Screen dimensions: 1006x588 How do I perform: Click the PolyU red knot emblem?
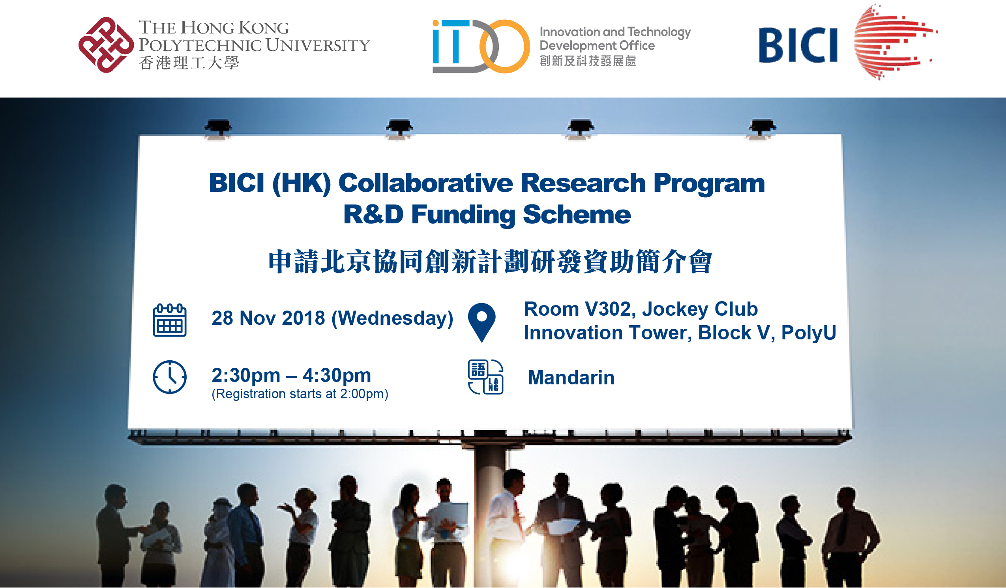106,45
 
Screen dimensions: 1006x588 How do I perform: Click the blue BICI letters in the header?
798,45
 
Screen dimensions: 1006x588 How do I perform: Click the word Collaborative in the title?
425,183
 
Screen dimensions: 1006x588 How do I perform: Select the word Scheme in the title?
577,215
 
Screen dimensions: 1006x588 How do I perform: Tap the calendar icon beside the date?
170,320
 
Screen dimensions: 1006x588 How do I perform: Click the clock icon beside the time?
170,377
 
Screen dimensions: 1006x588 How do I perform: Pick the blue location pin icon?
482,322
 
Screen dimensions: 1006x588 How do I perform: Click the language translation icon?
485,377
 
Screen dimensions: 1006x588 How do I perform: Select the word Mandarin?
571,378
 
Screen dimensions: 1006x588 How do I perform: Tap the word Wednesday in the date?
392,318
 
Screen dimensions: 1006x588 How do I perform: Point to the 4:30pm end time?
337,376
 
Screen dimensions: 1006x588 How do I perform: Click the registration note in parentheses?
300,394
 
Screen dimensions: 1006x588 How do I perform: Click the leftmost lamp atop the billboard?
218,128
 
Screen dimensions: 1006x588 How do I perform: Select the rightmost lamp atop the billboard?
762,128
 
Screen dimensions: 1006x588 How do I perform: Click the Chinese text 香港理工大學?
189,63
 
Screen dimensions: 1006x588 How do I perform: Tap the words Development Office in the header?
597,46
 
